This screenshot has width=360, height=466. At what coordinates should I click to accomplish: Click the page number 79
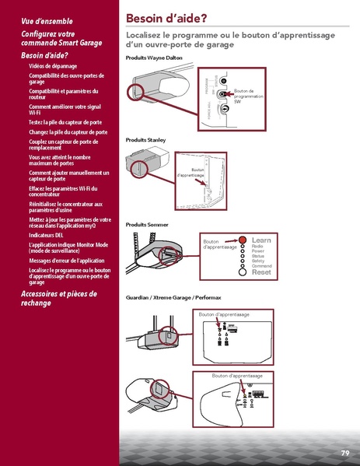344,453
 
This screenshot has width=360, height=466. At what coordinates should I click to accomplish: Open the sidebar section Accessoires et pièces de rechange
58,298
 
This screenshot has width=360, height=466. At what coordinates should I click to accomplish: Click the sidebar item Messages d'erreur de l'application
66,261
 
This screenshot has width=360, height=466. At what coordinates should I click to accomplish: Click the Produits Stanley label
145,139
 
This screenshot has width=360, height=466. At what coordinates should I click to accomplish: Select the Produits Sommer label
146,224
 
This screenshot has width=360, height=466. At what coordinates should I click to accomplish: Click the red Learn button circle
243,241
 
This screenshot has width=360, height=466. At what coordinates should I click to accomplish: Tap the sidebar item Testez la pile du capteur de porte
66,122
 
